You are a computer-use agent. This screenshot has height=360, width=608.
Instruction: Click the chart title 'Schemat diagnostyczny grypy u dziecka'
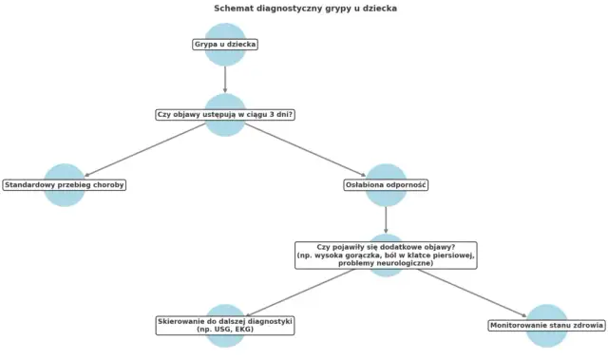(305, 9)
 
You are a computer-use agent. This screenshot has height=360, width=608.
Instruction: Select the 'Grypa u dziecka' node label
(225, 45)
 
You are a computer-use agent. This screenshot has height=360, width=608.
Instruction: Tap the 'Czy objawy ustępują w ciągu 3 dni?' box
(225, 115)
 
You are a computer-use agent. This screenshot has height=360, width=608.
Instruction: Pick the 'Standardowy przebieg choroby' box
(65, 185)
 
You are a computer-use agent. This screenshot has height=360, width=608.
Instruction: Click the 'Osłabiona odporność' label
(386, 185)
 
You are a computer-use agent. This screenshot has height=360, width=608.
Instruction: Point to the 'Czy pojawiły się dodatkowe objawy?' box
(386, 255)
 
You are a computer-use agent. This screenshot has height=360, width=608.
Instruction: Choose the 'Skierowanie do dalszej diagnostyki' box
(225, 325)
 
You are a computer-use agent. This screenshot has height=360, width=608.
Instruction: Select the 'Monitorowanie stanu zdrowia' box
(546, 326)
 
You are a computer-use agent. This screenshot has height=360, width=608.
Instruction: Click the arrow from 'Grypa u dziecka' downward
(225, 78)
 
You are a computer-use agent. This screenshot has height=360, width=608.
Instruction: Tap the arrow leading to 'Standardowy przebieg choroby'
(142, 150)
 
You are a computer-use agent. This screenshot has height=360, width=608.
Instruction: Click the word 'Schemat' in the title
(233, 9)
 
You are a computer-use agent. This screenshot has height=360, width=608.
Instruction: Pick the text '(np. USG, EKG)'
(225, 331)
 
